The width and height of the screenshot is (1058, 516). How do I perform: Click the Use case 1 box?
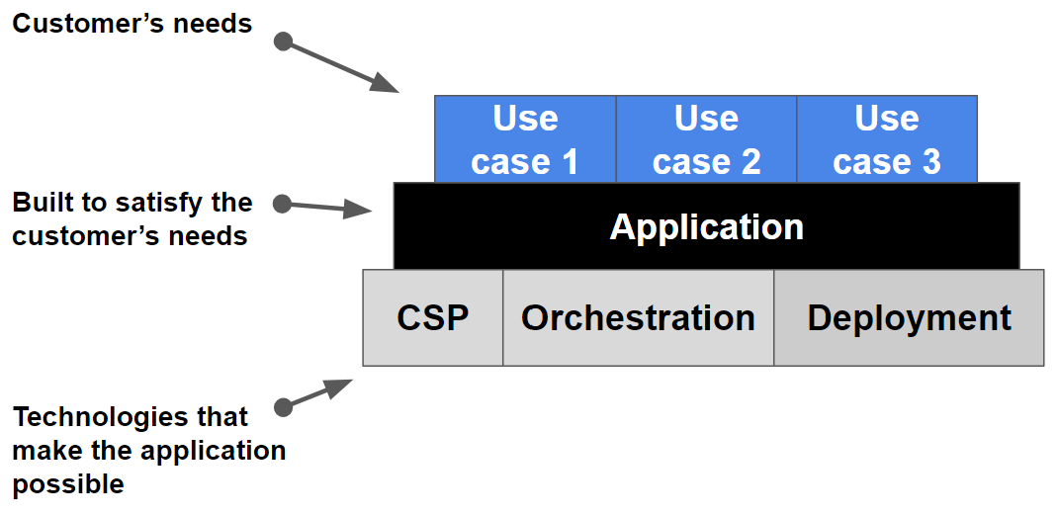525,139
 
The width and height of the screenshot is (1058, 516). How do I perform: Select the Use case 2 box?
706,139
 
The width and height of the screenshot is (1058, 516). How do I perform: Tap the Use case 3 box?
887,139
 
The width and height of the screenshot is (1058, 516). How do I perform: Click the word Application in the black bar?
706,227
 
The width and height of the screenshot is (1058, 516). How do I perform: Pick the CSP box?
433,318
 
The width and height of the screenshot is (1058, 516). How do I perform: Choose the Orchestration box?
638,318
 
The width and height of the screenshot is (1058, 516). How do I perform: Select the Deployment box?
909,318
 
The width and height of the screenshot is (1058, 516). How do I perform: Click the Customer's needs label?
132,23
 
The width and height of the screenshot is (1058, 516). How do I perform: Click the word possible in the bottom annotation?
68,484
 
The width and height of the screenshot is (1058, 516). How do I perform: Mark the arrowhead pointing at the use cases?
386,84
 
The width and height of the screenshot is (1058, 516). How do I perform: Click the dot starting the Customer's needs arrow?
283,42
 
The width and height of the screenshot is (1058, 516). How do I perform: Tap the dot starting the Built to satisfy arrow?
282,204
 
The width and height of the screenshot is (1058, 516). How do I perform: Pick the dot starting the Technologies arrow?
283,406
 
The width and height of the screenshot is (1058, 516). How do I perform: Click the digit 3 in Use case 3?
930,161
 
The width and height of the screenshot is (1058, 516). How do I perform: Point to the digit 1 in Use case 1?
569,161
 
